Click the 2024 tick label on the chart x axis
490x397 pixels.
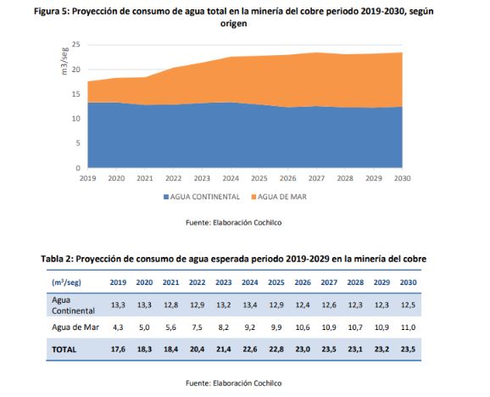[231, 178]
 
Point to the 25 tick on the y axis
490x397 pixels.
[76, 45]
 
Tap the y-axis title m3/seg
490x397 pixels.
[64, 61]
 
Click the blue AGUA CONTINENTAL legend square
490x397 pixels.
[166, 197]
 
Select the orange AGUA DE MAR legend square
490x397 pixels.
[253, 197]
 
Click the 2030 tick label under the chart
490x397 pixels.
[402, 178]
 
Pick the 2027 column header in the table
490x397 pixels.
[329, 282]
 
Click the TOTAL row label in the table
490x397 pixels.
[64, 349]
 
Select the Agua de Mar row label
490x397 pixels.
[75, 327]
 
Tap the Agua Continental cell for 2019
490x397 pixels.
[118, 305]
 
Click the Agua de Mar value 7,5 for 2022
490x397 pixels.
[198, 327]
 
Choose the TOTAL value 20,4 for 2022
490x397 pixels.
[198, 349]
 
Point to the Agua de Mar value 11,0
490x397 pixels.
[408, 327]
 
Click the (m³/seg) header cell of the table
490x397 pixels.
[66, 282]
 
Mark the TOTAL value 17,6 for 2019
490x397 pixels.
[118, 349]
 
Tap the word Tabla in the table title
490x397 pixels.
[52, 259]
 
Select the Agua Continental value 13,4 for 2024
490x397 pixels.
[250, 305]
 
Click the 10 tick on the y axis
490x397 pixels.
[76, 119]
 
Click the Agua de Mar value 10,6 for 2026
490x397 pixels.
[303, 327]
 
